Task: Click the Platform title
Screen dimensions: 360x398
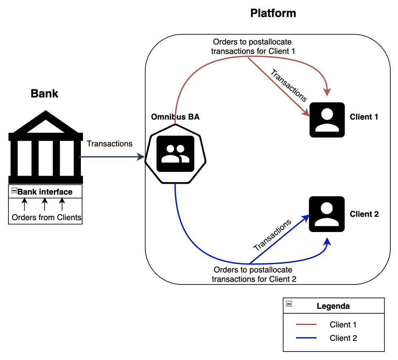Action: [x=273, y=13]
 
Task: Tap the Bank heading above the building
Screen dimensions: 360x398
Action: [x=45, y=94]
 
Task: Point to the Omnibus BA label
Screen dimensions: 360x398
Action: [x=175, y=117]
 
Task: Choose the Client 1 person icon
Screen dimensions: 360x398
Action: [x=327, y=119]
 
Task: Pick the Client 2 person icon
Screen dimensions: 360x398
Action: [x=327, y=214]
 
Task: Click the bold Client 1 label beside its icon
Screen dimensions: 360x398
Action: [x=364, y=117]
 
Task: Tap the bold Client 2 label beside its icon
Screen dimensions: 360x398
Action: [x=364, y=214]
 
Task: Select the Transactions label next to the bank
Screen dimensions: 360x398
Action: [x=110, y=144]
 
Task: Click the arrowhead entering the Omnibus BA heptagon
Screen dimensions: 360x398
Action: [x=143, y=156]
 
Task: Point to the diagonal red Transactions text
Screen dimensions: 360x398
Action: [x=289, y=85]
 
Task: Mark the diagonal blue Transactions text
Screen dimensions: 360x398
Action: [x=273, y=235]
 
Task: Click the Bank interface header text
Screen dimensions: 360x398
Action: [x=45, y=192]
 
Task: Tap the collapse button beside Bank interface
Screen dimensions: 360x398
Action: [x=14, y=191]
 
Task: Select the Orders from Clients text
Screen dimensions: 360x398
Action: [x=47, y=217]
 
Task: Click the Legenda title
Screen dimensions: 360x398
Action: [x=333, y=306]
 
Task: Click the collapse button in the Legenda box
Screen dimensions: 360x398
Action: [x=289, y=304]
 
